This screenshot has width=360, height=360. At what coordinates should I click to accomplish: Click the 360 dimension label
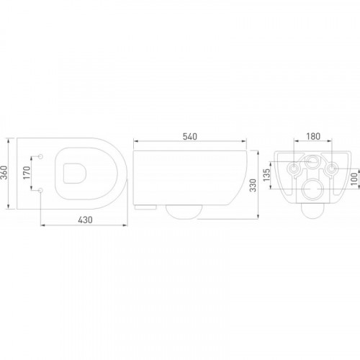click(4, 172)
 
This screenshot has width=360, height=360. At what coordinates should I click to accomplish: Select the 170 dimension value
click(27, 172)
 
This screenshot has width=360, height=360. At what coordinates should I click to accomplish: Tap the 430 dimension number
click(85, 220)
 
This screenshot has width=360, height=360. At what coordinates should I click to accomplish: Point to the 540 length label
click(190, 136)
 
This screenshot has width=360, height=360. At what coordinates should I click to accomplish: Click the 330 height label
click(253, 185)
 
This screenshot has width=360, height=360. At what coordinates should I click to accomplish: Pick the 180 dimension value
click(313, 136)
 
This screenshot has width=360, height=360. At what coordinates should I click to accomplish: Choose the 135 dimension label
click(267, 175)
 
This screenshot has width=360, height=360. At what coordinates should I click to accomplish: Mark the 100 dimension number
click(354, 179)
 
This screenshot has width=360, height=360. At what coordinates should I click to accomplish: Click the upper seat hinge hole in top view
click(40, 156)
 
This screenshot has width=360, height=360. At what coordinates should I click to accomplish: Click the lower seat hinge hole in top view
click(40, 190)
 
